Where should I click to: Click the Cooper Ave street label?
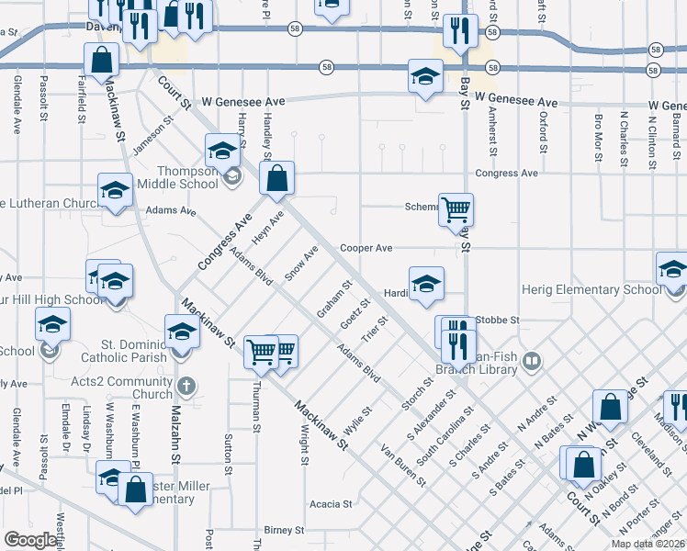click(x=366, y=248)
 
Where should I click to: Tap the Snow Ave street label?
click(x=300, y=262)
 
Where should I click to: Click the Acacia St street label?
click(x=331, y=504)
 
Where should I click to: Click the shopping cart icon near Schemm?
click(x=456, y=209)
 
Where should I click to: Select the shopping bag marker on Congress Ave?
click(x=276, y=178)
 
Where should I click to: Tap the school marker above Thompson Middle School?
click(x=222, y=151)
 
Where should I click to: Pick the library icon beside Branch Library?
click(x=531, y=363)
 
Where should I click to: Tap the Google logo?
click(x=30, y=540)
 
